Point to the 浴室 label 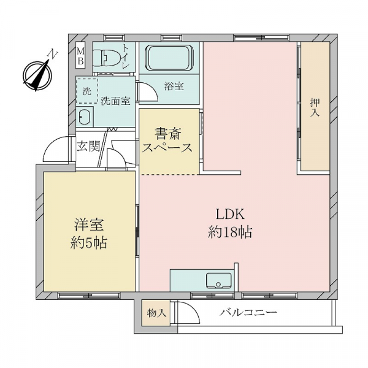[x=174, y=86]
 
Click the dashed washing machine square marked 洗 [x=86, y=90]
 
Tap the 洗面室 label [x=115, y=101]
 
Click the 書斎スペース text [x=167, y=140]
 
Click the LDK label [x=230, y=215]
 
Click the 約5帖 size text [x=87, y=242]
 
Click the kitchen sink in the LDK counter [x=218, y=281]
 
